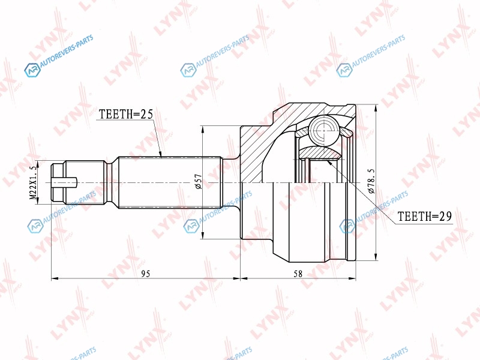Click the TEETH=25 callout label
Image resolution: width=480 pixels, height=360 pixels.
(x=126, y=114)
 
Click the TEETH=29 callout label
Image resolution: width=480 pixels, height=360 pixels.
(x=425, y=217)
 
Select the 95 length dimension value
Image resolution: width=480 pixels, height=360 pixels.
(x=146, y=274)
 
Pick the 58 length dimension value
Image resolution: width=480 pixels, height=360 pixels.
(x=298, y=274)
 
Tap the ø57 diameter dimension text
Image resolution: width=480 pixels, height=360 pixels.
(x=198, y=182)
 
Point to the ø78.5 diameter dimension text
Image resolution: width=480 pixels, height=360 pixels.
(x=371, y=181)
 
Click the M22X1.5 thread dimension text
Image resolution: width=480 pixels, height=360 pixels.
(x=33, y=184)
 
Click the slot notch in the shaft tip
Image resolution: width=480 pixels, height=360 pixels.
(x=64, y=183)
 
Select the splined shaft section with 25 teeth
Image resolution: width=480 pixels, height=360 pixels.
(x=170, y=182)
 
